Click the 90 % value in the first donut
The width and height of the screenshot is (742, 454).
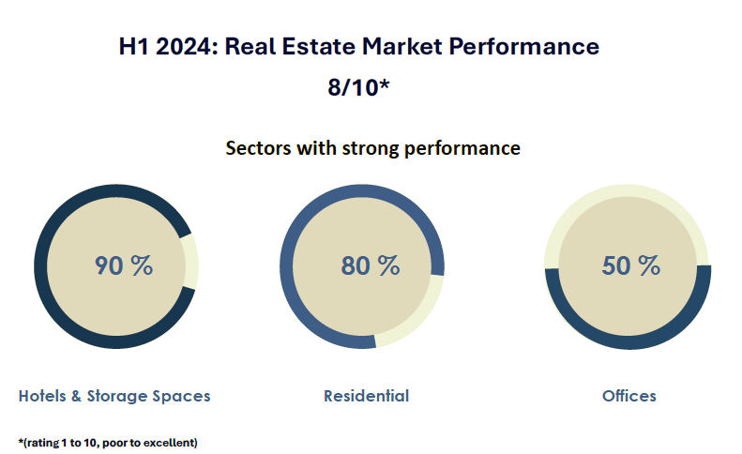(x=123, y=265)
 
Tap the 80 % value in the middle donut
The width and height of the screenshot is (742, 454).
(x=370, y=265)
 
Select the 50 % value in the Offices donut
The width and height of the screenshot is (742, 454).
(x=630, y=265)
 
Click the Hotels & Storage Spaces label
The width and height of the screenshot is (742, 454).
(x=114, y=396)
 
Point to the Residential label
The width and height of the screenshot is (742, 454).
(x=366, y=396)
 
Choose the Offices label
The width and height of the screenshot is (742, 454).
(x=628, y=396)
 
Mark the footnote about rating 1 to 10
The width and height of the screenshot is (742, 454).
(x=108, y=441)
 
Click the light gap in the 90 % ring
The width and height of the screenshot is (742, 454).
(x=190, y=262)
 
